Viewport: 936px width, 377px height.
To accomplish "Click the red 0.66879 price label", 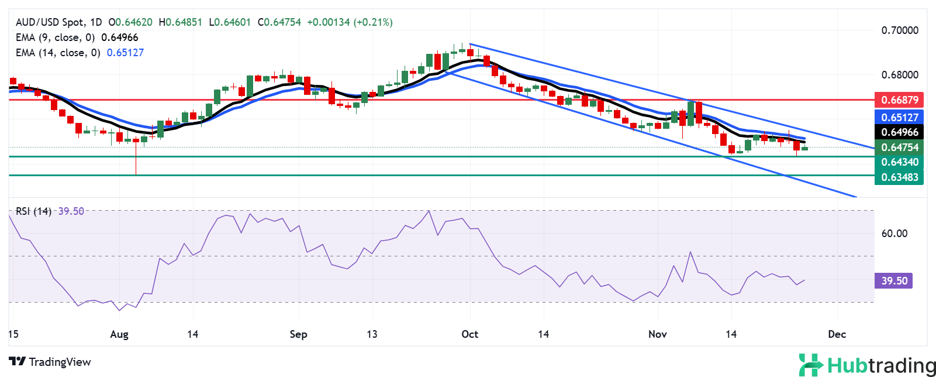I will click(x=899, y=100).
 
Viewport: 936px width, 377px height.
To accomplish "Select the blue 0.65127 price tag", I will click(x=899, y=117).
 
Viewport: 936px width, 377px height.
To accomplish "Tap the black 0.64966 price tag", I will click(x=899, y=132).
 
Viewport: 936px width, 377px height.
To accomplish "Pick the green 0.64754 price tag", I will click(x=899, y=148).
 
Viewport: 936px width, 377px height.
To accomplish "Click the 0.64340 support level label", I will click(x=899, y=162).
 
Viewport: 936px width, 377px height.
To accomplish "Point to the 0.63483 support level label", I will click(x=899, y=177).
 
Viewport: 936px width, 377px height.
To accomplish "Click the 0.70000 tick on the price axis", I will click(x=900, y=30).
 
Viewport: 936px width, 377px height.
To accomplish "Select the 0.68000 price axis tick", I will click(x=900, y=75).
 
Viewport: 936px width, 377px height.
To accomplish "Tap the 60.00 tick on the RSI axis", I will click(x=894, y=234).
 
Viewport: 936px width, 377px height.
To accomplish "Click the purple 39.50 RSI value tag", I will click(x=894, y=281).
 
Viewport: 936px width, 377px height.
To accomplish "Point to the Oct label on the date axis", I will click(x=469, y=334).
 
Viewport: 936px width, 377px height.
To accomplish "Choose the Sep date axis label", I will click(x=298, y=334).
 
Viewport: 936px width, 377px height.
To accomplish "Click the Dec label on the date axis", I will click(x=837, y=334).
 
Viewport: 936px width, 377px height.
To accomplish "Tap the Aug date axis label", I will click(x=119, y=334).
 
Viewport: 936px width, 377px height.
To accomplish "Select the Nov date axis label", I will click(x=657, y=334).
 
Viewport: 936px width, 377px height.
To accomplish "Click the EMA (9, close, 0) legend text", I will click(x=55, y=37).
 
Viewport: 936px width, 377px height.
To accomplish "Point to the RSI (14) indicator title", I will click(x=33, y=211).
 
